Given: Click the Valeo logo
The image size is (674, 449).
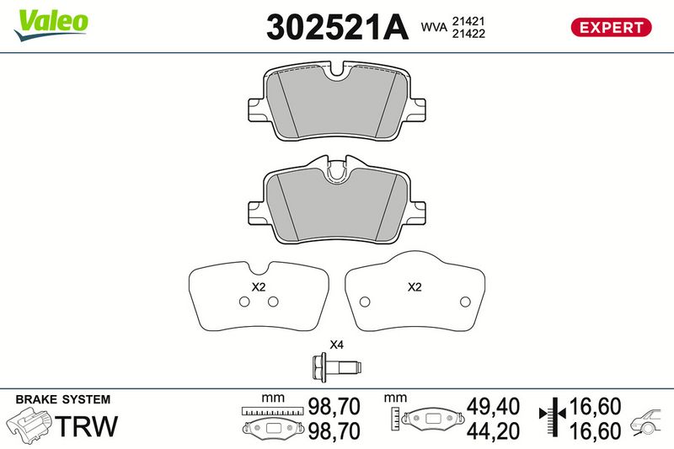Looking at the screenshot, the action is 51,25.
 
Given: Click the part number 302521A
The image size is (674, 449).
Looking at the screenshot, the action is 337,27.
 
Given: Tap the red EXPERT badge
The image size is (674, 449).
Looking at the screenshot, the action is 611,28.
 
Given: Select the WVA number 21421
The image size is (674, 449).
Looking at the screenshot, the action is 468,21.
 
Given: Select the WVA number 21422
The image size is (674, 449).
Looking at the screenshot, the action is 468,34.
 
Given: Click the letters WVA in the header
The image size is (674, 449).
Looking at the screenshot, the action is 434,27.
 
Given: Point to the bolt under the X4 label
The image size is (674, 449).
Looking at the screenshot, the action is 336,367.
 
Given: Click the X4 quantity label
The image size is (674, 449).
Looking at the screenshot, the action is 336,345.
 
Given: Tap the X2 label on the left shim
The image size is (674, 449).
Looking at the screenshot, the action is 259,287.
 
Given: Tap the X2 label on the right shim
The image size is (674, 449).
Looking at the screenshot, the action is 415,287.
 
